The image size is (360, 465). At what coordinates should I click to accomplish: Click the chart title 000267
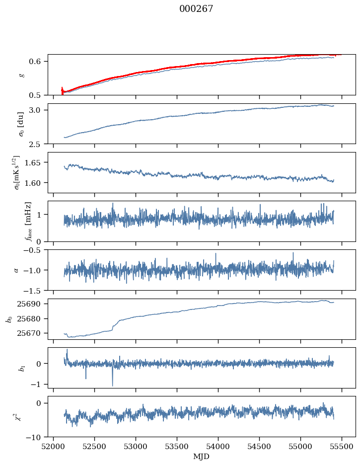196,9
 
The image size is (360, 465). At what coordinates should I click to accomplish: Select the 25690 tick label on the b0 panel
32,304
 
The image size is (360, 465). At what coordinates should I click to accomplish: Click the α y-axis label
16,270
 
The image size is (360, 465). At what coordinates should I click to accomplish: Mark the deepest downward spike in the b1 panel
112,386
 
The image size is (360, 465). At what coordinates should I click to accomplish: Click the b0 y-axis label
8,318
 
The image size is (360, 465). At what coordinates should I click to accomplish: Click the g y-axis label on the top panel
21,75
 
